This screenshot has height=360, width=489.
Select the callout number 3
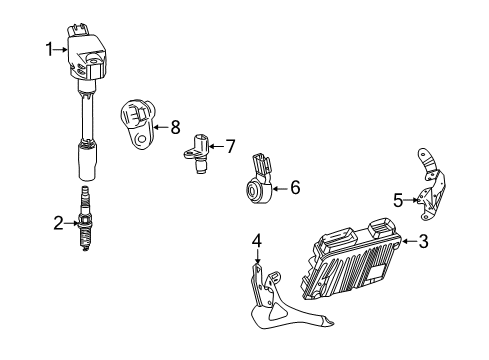tap(424, 241)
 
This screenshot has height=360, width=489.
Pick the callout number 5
tap(397, 200)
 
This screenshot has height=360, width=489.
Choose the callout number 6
tap(294, 186)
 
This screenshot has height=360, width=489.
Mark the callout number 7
tap(229, 147)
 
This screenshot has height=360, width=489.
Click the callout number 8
tap(174, 126)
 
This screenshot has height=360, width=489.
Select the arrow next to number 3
tap(408, 241)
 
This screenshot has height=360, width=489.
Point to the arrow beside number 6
tap(279, 186)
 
